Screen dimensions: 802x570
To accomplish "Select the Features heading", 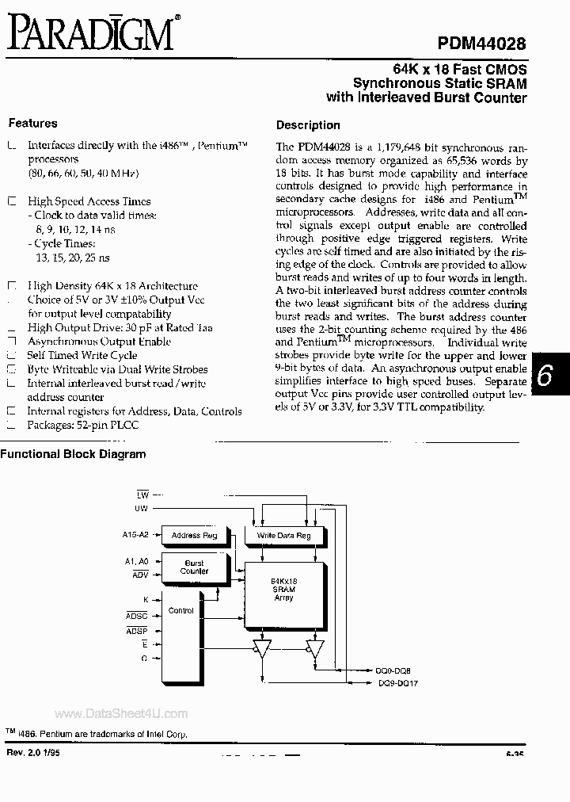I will (32, 123).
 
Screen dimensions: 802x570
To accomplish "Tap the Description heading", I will (308, 125).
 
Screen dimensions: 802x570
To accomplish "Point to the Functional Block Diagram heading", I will (73, 454).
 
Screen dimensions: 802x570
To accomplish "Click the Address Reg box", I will (193, 536).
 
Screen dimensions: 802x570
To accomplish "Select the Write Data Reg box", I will (284, 536).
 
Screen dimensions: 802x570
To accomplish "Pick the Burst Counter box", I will (193, 567).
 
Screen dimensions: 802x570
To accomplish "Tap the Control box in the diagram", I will (182, 611).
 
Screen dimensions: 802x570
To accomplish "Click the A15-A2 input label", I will (135, 535).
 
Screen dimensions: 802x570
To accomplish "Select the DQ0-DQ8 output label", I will (393, 670).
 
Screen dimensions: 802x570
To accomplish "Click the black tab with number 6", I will (544, 377).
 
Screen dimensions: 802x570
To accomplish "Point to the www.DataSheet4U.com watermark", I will (121, 713).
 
